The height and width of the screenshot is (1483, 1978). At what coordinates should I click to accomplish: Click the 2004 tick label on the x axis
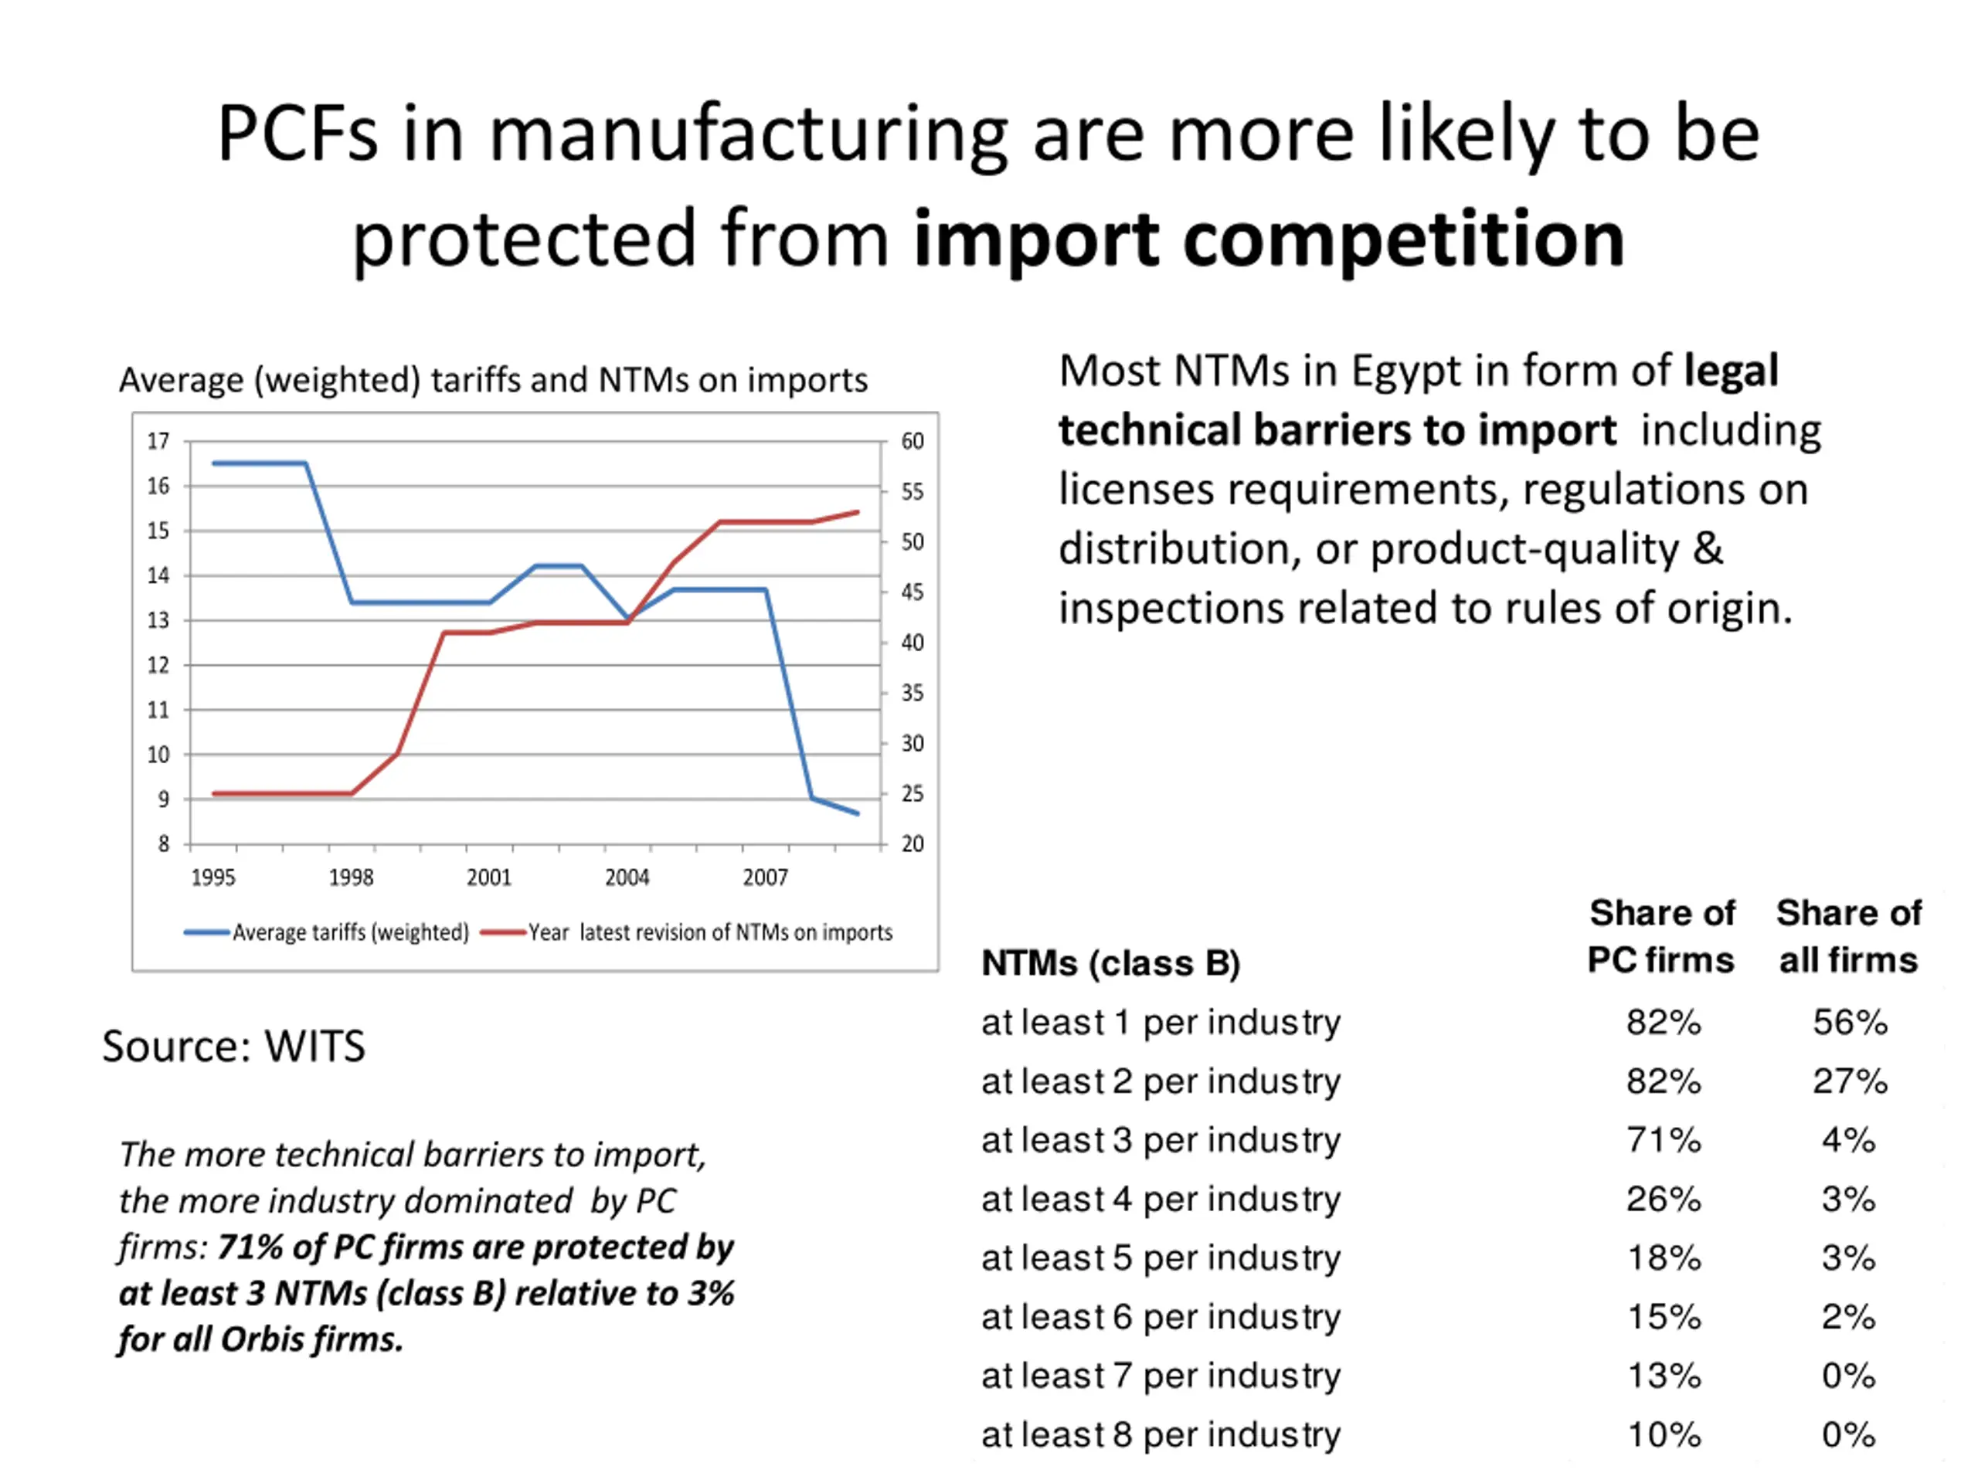(627, 877)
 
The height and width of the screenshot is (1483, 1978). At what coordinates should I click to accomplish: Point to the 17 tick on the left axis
(158, 442)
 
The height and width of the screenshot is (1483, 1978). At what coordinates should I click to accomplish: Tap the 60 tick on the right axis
(912, 442)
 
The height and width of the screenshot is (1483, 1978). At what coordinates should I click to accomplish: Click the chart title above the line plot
(493, 380)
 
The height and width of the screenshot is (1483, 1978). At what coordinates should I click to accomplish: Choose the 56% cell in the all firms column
(1849, 1023)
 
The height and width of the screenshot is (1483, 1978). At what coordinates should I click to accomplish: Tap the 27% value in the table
(1849, 1081)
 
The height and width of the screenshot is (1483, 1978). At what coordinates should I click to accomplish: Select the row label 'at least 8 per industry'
(1161, 1435)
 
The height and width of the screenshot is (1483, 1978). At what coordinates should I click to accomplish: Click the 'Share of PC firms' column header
(1661, 936)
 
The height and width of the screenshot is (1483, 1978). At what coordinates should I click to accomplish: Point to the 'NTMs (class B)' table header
(1110, 964)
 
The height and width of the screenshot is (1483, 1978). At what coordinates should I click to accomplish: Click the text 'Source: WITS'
(233, 1046)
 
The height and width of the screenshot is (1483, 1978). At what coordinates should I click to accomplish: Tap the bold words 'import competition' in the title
(1269, 239)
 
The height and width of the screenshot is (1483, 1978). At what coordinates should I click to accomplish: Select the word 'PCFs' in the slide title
(297, 134)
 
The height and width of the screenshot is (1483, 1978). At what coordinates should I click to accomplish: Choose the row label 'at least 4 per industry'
(1161, 1200)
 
